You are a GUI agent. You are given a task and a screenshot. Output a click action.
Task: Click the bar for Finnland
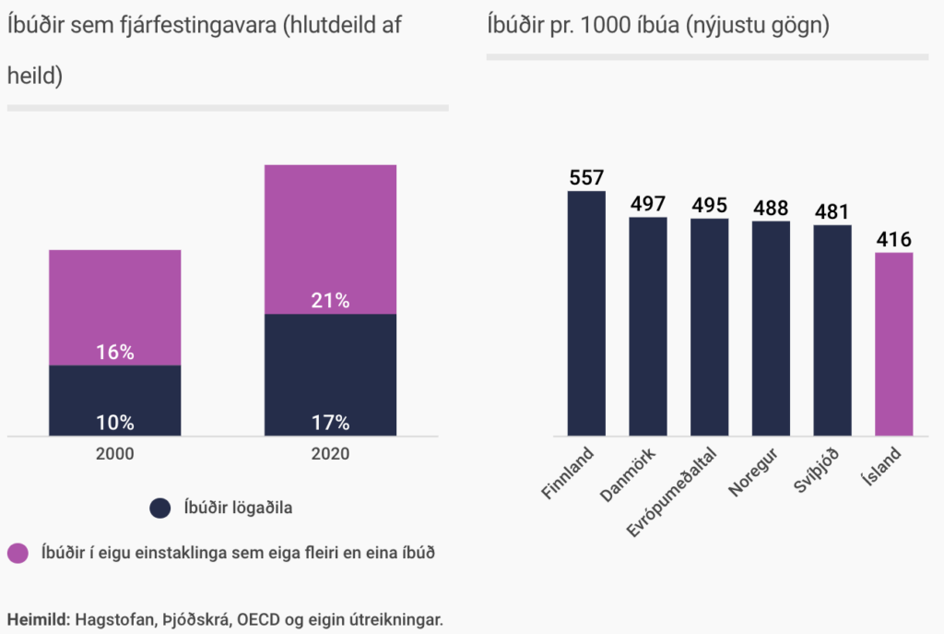[x=585, y=314]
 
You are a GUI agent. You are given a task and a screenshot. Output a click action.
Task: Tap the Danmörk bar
[x=647, y=327]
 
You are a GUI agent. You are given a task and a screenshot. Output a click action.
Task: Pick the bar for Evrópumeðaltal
[x=709, y=327]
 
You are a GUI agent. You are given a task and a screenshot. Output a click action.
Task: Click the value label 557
[x=586, y=178]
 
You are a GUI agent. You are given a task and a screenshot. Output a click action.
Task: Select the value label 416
[x=893, y=240]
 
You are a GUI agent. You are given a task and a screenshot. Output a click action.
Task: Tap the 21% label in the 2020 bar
[x=330, y=300]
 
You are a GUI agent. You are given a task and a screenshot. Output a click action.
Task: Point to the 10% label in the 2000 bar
[x=115, y=423]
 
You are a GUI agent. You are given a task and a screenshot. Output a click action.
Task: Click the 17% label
[x=330, y=423]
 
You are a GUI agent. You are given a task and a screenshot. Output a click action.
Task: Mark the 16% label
[x=115, y=352]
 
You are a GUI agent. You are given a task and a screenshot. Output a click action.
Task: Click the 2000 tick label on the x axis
[x=115, y=454]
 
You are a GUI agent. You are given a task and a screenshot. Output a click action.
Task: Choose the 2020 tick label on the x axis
[x=330, y=454]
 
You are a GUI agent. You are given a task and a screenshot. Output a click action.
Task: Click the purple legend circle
[x=18, y=554]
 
